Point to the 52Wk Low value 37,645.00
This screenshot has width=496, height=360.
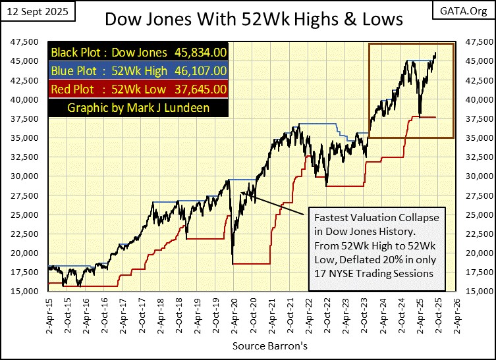(198, 88)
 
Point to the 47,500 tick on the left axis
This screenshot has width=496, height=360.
(24, 42)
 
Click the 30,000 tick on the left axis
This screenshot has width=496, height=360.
(24, 176)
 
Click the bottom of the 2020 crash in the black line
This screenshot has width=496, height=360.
(233, 262)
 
